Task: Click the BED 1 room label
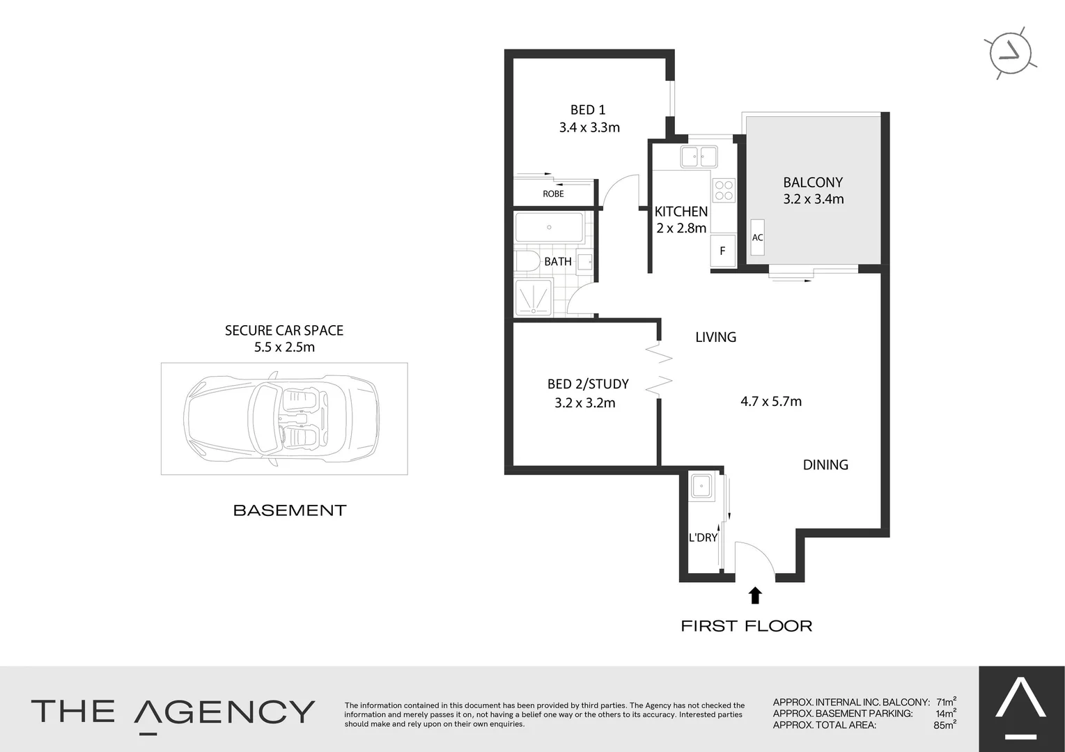(588, 110)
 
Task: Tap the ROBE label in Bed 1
(553, 194)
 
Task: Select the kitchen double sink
(699, 157)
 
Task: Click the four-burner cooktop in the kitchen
(724, 190)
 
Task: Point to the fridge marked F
(722, 251)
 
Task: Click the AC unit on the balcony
(757, 237)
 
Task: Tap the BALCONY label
(813, 182)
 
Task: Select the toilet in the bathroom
(527, 262)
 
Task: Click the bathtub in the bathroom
(549, 228)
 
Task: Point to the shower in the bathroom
(534, 297)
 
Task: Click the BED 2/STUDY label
(588, 384)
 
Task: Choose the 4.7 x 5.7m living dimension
(771, 401)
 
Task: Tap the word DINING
(825, 465)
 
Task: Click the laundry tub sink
(701, 486)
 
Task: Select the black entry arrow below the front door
(755, 595)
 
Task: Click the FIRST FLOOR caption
(746, 626)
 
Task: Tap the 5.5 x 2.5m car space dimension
(284, 347)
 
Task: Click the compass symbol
(1010, 53)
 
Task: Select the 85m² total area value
(944, 725)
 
